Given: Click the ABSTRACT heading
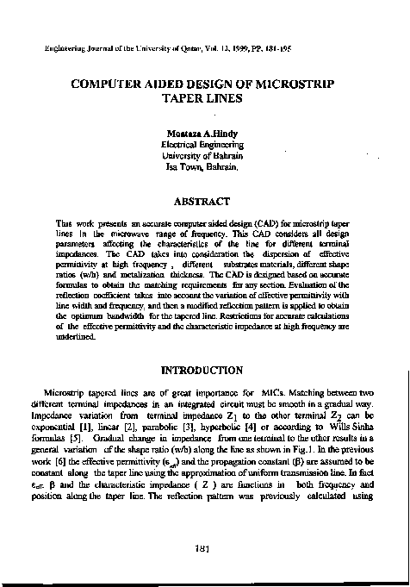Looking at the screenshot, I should (x=204, y=202).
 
